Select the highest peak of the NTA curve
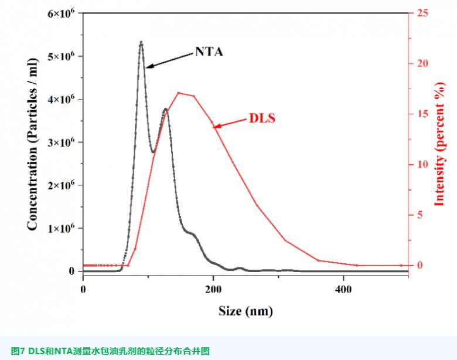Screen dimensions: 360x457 click(x=141, y=42)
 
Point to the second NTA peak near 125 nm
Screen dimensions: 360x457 click(x=166, y=109)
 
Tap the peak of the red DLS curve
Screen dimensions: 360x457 click(x=178, y=93)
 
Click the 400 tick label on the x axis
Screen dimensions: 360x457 click(x=343, y=289)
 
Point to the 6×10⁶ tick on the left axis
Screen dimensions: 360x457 click(x=62, y=13)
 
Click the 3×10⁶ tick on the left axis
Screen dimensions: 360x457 click(x=62, y=142)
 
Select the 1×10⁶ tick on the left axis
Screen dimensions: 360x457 click(x=62, y=228)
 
